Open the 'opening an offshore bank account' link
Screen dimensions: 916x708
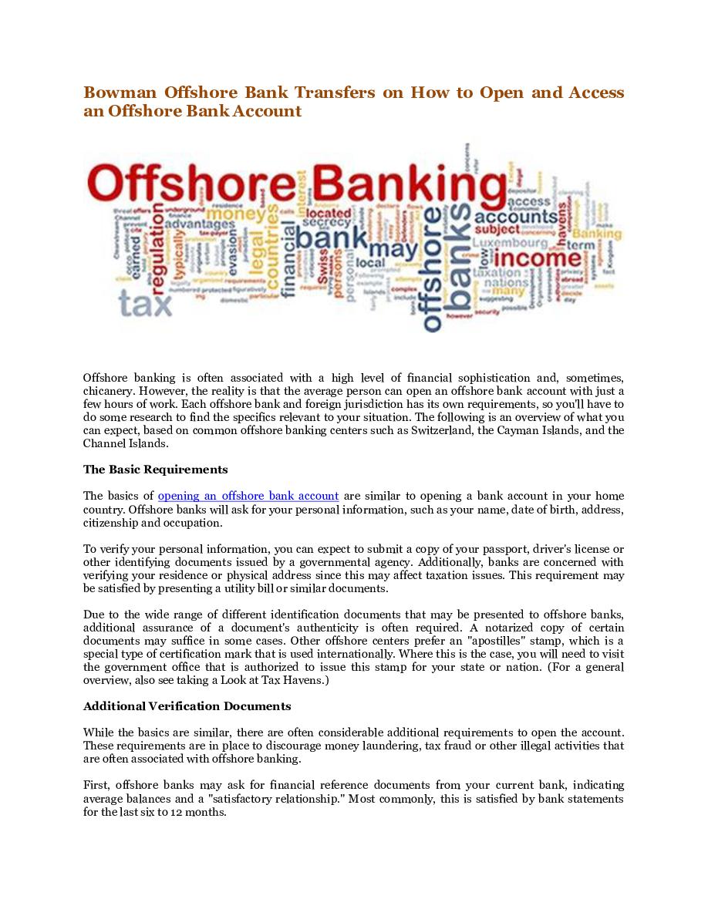pos(248,496)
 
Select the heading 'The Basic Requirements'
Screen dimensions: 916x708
pos(155,469)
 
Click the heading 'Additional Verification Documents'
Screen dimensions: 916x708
pos(187,706)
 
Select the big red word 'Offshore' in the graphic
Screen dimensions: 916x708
pos(188,182)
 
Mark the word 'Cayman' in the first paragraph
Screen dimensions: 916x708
pos(521,430)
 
